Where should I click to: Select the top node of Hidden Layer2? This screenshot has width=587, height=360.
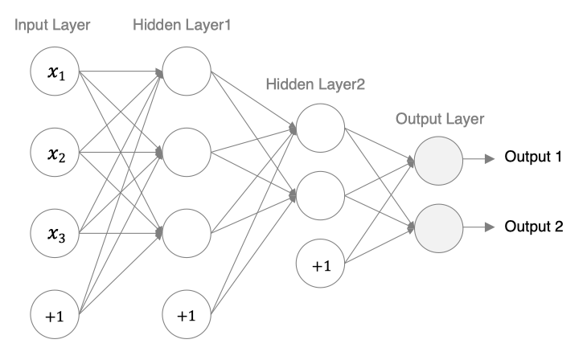(x=319, y=126)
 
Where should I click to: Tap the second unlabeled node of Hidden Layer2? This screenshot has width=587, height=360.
(x=319, y=194)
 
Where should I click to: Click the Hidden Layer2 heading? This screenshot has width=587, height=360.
(x=319, y=83)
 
